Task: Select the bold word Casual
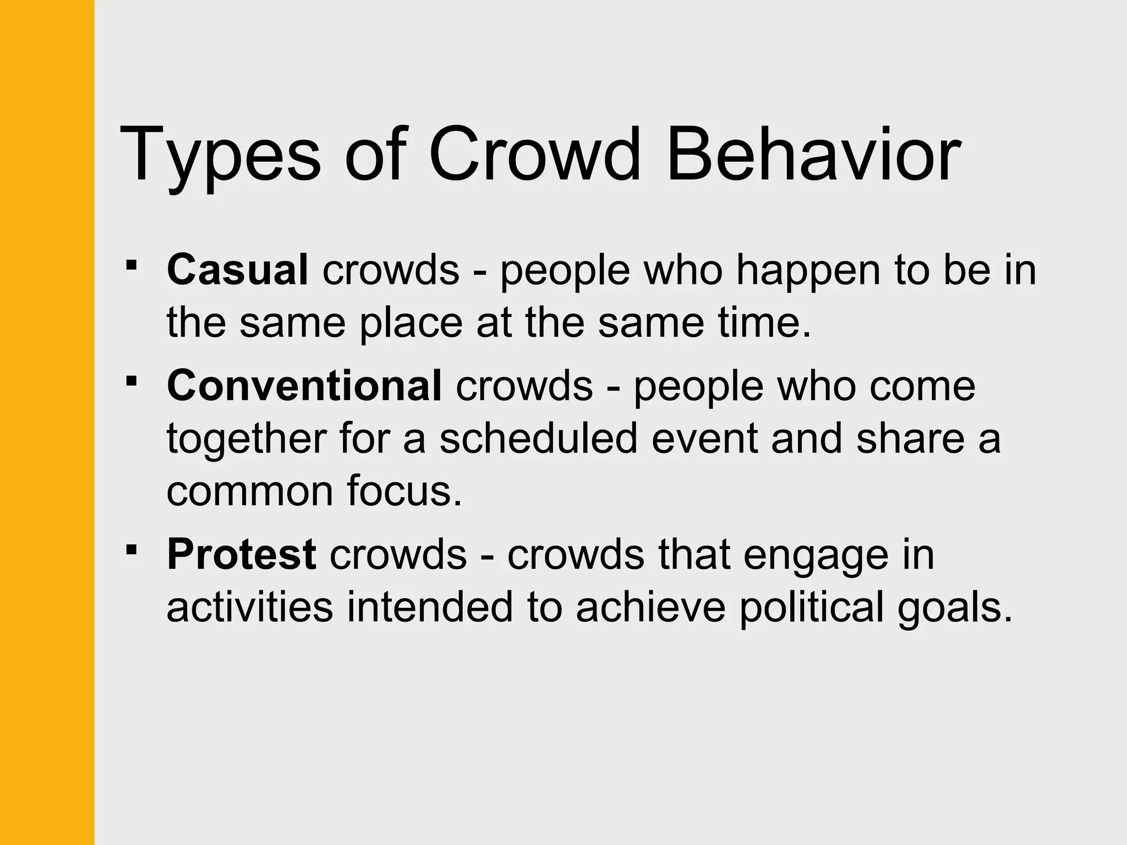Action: tap(237, 270)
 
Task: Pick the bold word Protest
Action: tap(241, 554)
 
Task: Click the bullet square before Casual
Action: tap(131, 266)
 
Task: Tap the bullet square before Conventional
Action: tap(131, 381)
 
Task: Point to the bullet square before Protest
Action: tap(131, 549)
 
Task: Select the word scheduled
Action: tap(538, 438)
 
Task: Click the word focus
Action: tap(404, 491)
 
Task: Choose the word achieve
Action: tap(650, 607)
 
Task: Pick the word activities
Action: tap(250, 607)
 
